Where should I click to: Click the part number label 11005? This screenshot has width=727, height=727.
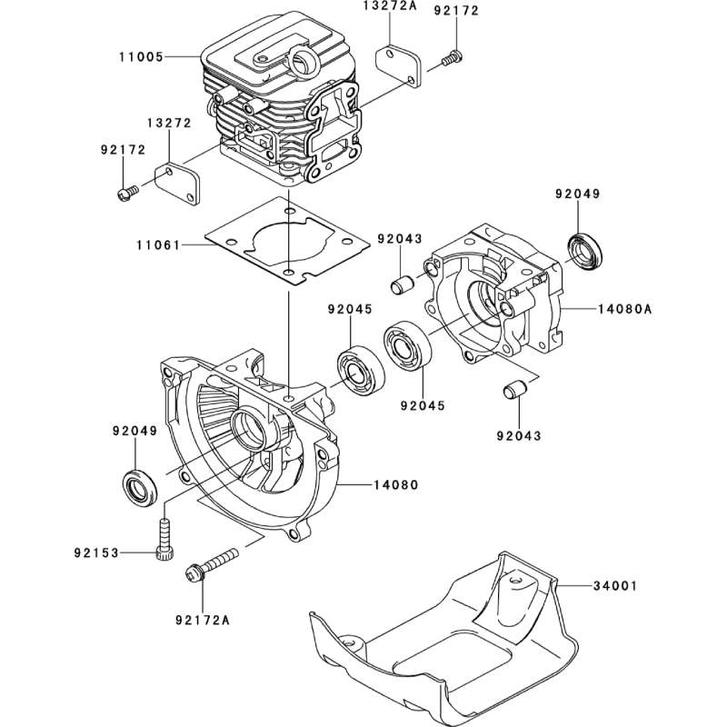140,56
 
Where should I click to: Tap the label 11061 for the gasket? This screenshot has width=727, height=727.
159,245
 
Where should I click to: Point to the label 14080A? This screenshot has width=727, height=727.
625,309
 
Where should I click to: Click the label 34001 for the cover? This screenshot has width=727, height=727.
614,587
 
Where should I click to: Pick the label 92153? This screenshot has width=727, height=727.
96,553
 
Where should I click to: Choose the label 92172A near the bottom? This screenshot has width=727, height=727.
202,621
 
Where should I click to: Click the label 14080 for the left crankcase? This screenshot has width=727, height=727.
395,485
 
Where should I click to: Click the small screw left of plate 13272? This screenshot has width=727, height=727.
127,191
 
